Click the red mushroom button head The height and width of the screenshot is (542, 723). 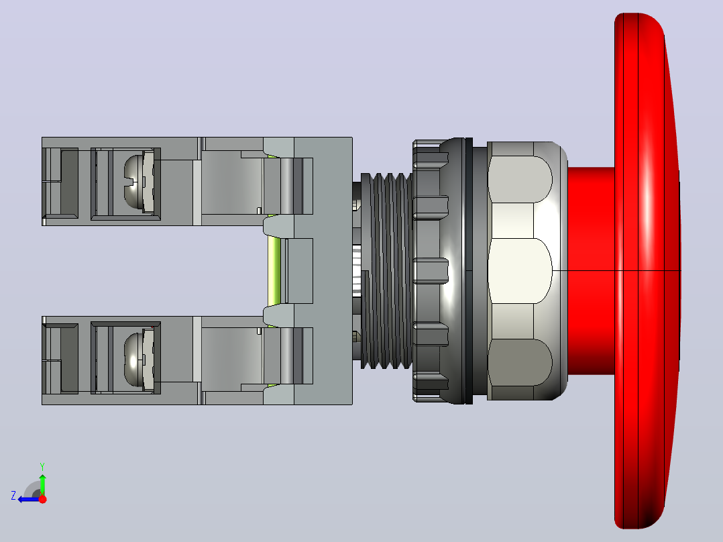pyautogui.click(x=647, y=271)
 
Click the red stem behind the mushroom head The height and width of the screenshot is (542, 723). pyautogui.click(x=591, y=271)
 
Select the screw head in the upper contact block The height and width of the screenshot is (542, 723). pyautogui.click(x=134, y=180)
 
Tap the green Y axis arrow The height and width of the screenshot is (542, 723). pyautogui.click(x=42, y=482)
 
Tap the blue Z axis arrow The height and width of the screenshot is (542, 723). pyautogui.click(x=29, y=499)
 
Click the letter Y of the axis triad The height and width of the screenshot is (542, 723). pyautogui.click(x=42, y=467)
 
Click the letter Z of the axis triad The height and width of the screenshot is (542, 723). pyautogui.click(x=13, y=495)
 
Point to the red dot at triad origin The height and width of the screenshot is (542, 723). pyautogui.click(x=42, y=499)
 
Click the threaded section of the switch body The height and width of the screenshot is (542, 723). pyautogui.click(x=386, y=271)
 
